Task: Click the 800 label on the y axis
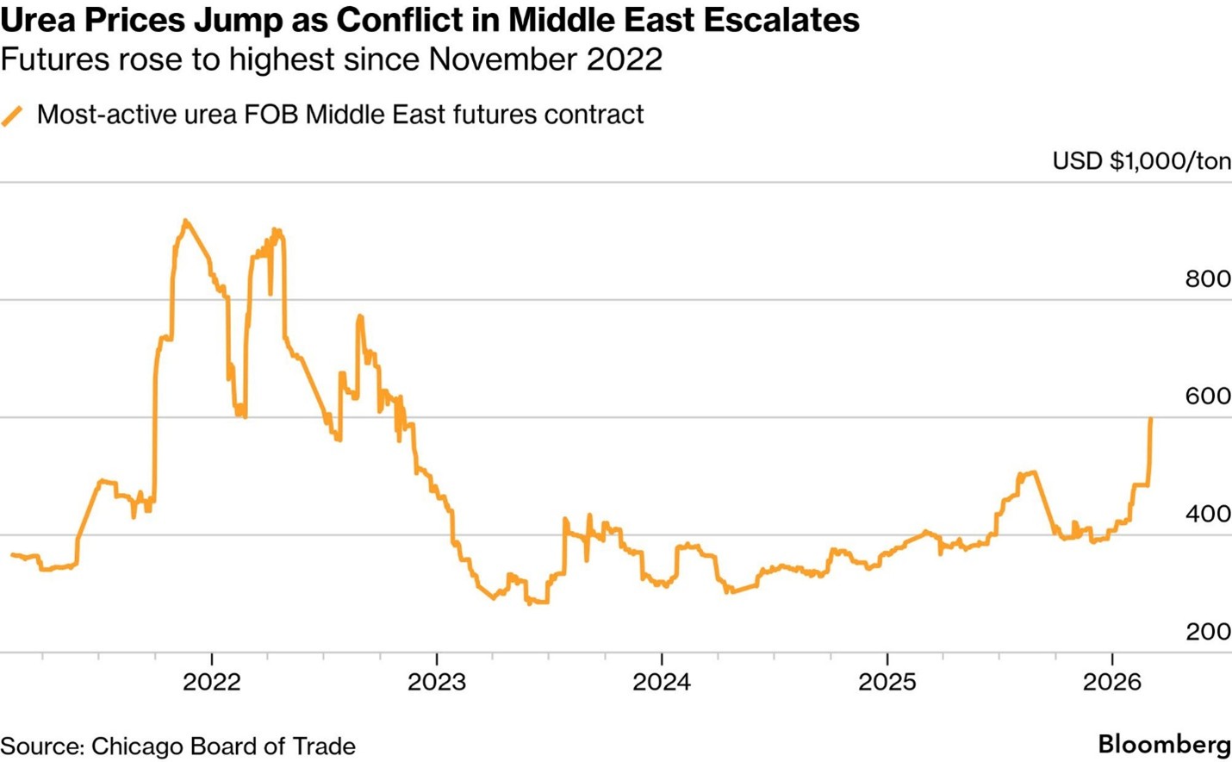coord(1208,279)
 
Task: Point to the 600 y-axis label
coord(1208,397)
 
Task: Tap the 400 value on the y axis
coord(1208,515)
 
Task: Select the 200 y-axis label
coord(1208,632)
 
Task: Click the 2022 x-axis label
coord(212,683)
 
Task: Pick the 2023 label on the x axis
coord(437,683)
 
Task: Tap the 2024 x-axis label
coord(662,683)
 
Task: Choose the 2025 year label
coord(887,683)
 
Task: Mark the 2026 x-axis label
coord(1112,683)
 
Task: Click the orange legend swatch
coord(12,116)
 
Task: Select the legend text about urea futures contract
coord(340,115)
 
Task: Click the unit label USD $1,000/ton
coord(1142,161)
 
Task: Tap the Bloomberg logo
coord(1164,745)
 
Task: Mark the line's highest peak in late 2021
coord(186,221)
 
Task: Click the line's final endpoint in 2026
coord(1151,419)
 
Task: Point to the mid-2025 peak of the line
coord(1032,472)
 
